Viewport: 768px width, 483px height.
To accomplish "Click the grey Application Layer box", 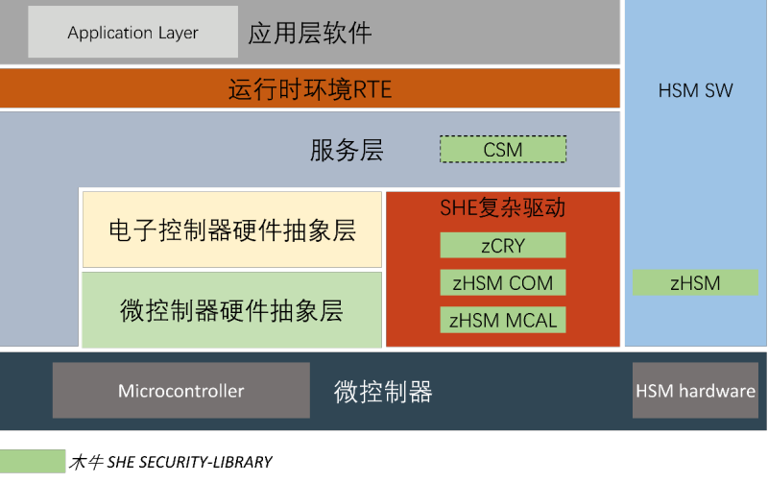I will tap(132, 32).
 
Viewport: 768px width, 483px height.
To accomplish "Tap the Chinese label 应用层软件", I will tap(309, 34).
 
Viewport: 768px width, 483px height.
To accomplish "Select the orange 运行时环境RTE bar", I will tap(310, 89).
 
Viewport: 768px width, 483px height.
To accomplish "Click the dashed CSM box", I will tap(503, 150).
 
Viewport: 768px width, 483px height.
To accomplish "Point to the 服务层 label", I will tap(347, 151).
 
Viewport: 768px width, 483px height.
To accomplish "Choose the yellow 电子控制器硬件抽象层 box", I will tap(231, 230).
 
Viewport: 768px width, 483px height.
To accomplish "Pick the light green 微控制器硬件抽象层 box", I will tap(231, 310).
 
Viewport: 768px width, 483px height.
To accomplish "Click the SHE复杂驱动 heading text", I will tap(503, 208).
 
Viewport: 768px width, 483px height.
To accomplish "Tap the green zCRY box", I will tap(503, 246).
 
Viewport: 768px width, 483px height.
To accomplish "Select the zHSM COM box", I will tap(503, 282).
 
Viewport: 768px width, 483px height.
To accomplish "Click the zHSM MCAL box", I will tap(503, 320).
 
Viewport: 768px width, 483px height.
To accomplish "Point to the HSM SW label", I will tap(695, 91).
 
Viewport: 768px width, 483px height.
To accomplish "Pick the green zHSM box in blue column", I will tap(695, 282).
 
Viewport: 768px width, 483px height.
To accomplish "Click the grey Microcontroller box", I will tap(181, 391).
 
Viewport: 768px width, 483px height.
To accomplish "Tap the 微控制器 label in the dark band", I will tap(383, 392).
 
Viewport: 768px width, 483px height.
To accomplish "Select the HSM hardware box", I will tap(695, 391).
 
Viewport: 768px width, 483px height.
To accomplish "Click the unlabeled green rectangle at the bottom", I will tap(33, 461).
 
